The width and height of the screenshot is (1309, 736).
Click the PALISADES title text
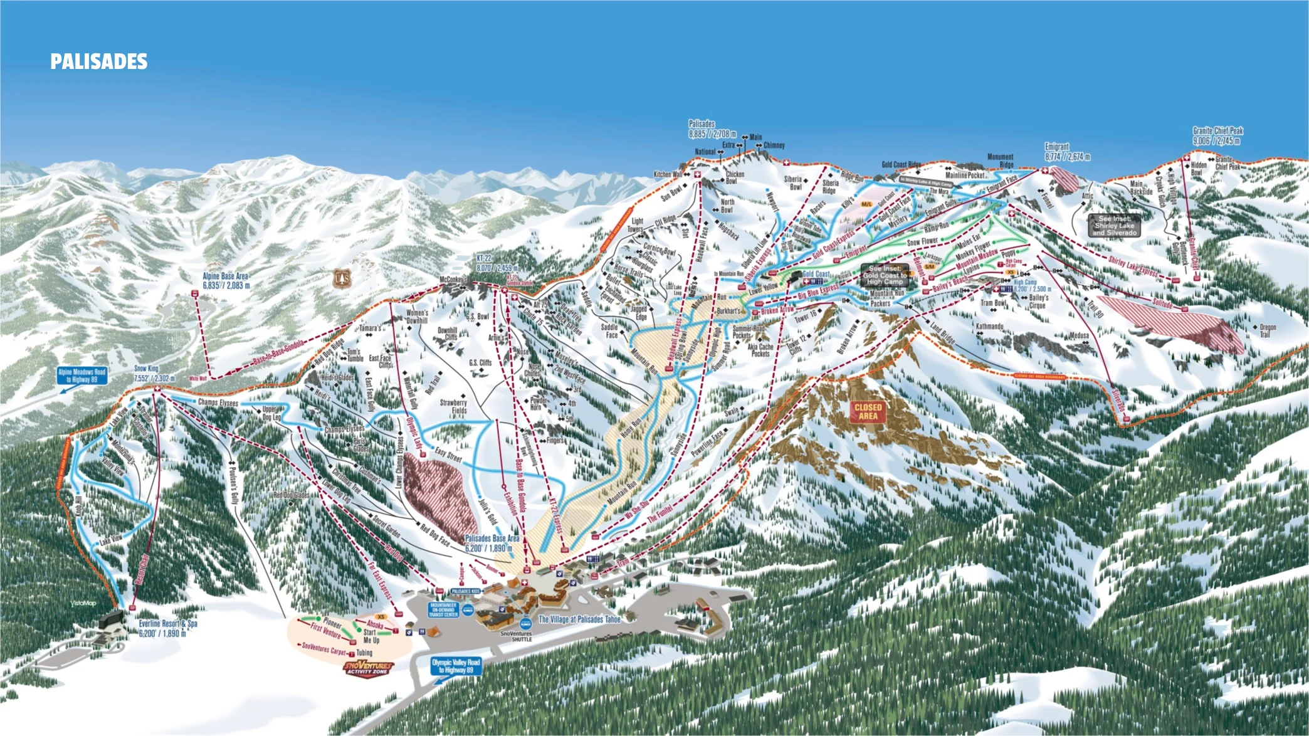click(99, 61)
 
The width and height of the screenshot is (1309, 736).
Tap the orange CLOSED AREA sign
click(868, 412)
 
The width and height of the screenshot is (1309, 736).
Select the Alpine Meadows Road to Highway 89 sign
click(82, 376)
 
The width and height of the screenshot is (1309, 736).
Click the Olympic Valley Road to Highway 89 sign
click(456, 666)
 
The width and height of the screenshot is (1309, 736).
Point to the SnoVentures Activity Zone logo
click(369, 668)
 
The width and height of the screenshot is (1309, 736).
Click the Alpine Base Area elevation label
click(226, 280)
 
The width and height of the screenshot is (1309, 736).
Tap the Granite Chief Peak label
click(1217, 135)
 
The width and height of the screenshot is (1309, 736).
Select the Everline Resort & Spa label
click(168, 628)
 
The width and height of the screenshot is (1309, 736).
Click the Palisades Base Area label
click(492, 543)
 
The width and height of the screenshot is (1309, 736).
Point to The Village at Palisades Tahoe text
click(579, 619)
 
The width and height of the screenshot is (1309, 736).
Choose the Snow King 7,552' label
click(154, 374)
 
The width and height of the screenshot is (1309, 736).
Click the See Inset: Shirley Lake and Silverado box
click(1114, 226)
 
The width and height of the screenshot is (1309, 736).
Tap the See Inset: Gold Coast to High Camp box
click(884, 275)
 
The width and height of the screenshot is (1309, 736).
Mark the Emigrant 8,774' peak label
click(1067, 152)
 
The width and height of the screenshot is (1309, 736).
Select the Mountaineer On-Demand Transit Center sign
click(443, 610)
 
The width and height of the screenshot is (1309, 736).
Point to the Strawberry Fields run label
click(453, 406)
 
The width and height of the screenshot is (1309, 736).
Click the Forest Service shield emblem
click(342, 276)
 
